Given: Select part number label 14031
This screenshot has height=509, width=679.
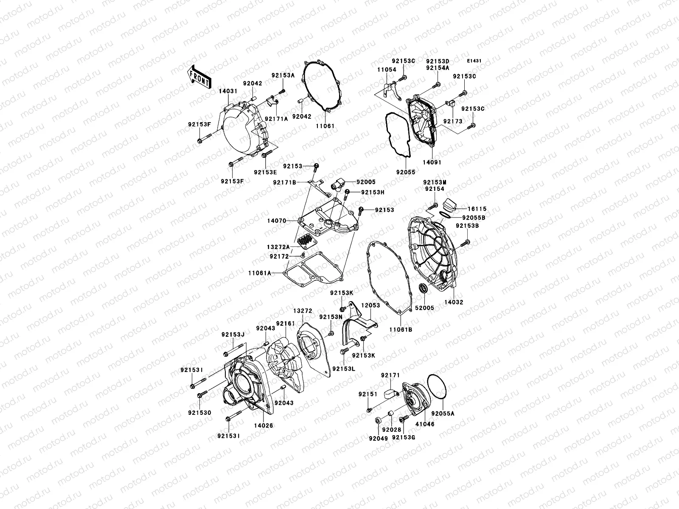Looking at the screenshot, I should [228, 90].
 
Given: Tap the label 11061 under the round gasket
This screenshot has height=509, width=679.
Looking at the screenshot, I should [325, 126].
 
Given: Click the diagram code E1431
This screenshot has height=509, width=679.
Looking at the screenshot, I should [474, 61].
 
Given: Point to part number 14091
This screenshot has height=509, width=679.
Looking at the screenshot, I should [432, 162].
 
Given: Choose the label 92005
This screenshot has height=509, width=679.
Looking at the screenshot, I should [365, 182].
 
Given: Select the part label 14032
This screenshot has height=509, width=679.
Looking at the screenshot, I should [454, 302].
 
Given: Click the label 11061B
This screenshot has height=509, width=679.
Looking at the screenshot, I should [401, 329].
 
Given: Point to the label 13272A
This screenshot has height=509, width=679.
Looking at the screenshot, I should [279, 247].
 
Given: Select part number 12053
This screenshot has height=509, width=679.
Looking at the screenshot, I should [370, 305].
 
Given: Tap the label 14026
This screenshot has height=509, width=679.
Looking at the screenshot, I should [264, 425].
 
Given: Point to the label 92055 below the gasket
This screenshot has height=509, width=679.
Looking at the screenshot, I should [406, 172].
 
